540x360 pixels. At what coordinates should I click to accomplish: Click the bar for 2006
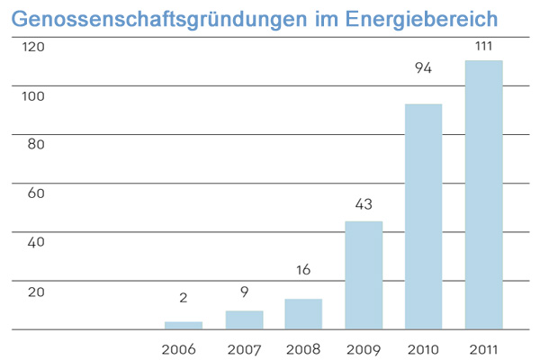183,326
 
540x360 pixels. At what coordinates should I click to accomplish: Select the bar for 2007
244,320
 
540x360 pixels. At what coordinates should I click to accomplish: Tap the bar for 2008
303,314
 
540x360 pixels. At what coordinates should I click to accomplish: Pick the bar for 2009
364,275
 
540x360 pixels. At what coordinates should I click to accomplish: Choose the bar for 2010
423,217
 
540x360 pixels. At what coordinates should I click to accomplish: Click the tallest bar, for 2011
483,195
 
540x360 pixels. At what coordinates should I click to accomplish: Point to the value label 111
483,44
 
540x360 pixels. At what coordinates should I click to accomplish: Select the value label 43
364,204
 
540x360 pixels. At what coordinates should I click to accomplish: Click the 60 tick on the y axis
34,193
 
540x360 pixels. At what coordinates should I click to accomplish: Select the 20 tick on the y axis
34,292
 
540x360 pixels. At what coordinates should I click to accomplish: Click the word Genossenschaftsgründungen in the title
157,17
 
